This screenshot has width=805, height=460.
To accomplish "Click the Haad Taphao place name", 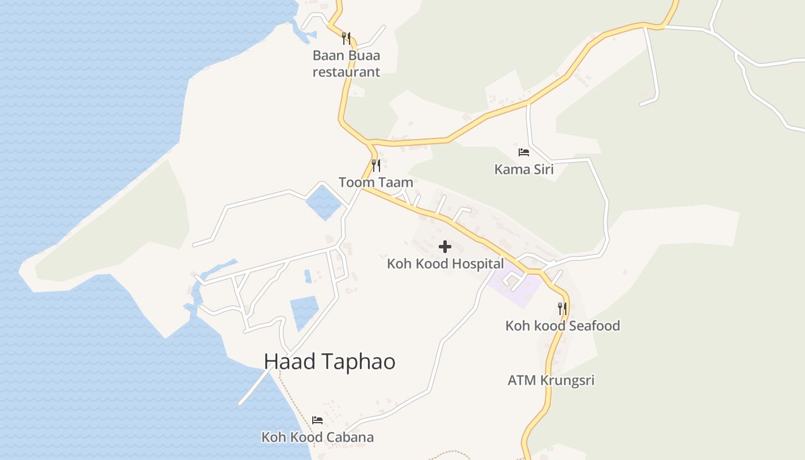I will click(329, 362).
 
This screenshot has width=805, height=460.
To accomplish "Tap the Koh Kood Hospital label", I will click(445, 264).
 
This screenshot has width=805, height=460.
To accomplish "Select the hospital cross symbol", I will click(444, 247).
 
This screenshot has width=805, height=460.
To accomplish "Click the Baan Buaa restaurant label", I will click(346, 64).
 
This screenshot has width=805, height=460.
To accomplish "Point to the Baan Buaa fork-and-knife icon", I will click(346, 38).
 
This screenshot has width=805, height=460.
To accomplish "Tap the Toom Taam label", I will click(375, 183).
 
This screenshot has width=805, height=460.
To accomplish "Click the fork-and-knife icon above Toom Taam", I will click(376, 166).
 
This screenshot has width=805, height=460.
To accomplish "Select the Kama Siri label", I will click(524, 169).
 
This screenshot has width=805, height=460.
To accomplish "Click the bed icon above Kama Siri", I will click(523, 152).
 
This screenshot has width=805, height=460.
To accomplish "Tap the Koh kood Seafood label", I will click(562, 325).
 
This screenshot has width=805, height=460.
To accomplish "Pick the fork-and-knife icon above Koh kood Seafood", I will click(562, 308).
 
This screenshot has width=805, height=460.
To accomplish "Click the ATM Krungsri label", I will click(551, 380).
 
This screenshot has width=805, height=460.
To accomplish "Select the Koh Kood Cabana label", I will click(317, 437).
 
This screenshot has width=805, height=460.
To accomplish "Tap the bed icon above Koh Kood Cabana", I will click(317, 420).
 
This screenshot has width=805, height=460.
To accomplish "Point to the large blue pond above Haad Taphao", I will click(304, 313).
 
